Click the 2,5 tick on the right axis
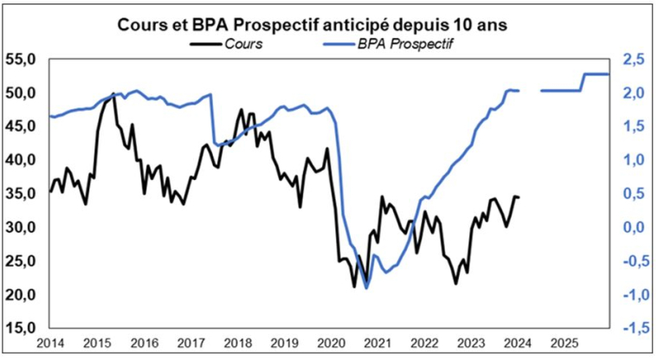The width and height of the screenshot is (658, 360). [x=633, y=60]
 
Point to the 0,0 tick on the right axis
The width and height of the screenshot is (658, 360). [x=633, y=228]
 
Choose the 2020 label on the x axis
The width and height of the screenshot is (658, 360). [x=331, y=343]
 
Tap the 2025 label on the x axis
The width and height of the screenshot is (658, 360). [x=564, y=343]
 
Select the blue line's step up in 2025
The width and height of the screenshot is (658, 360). [x=584, y=81]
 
